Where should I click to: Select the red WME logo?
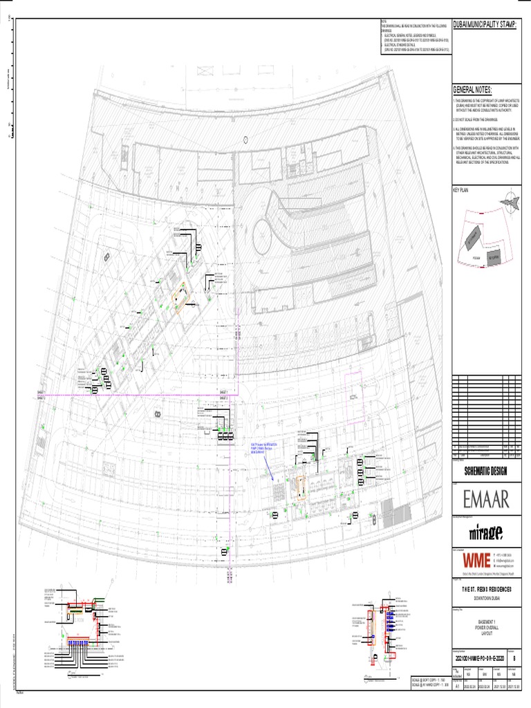(476, 559)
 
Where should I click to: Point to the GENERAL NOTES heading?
(472, 91)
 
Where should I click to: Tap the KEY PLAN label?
(460, 189)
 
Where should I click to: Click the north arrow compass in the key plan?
(509, 201)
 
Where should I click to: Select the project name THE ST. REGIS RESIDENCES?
(483, 588)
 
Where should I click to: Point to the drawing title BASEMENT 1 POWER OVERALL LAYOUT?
(483, 626)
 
